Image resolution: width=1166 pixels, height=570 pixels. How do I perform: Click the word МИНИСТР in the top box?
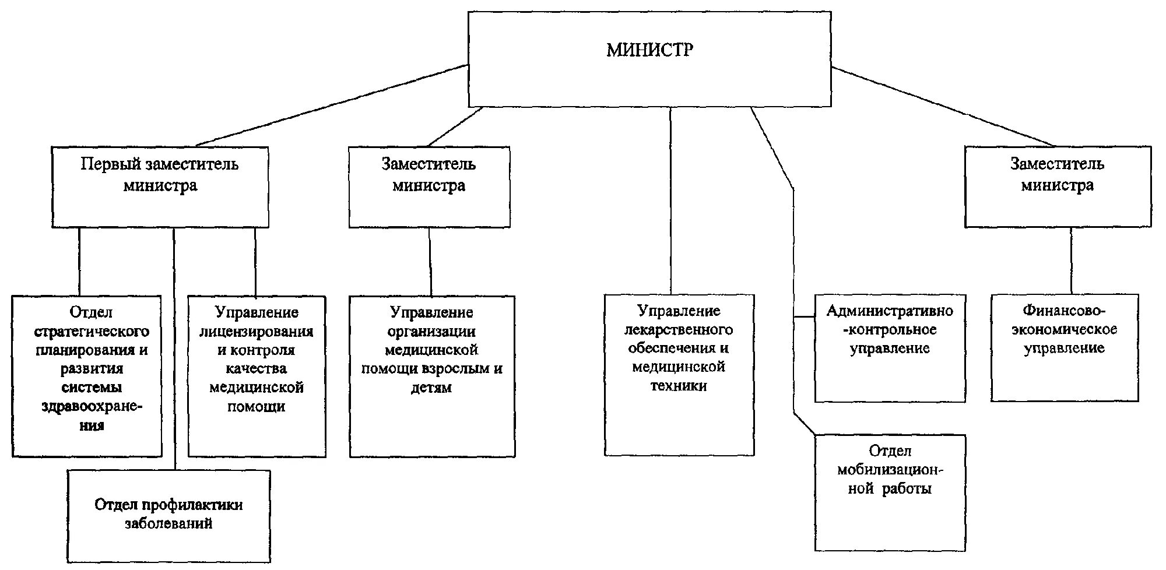[x=649, y=50]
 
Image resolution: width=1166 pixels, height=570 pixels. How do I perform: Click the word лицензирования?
[x=257, y=332]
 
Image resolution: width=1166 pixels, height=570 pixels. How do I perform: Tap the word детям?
[x=431, y=388]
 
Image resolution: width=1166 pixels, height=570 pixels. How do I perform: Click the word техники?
[x=679, y=386]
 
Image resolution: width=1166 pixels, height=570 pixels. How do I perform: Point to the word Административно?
[x=889, y=311]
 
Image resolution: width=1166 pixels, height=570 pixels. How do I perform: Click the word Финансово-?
[x=1065, y=311]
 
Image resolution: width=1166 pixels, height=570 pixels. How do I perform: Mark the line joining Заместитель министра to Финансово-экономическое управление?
[x=1071, y=261]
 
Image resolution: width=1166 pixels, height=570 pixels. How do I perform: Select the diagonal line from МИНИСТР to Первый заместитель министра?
[x=332, y=105]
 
